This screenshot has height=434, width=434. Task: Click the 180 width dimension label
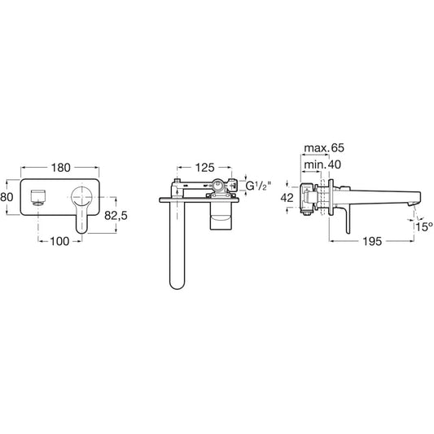60,168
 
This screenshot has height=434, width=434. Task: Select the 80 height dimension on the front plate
7,197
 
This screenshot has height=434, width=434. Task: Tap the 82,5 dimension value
116,215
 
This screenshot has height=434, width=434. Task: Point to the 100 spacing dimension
59,241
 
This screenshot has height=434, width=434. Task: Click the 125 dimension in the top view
205,168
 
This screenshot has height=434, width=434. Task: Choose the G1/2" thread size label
256,186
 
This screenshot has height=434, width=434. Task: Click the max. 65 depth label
324,148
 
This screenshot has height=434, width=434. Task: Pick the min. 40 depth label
322,164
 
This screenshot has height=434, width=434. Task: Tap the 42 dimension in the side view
287,198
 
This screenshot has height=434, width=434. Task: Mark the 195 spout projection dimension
372,241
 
